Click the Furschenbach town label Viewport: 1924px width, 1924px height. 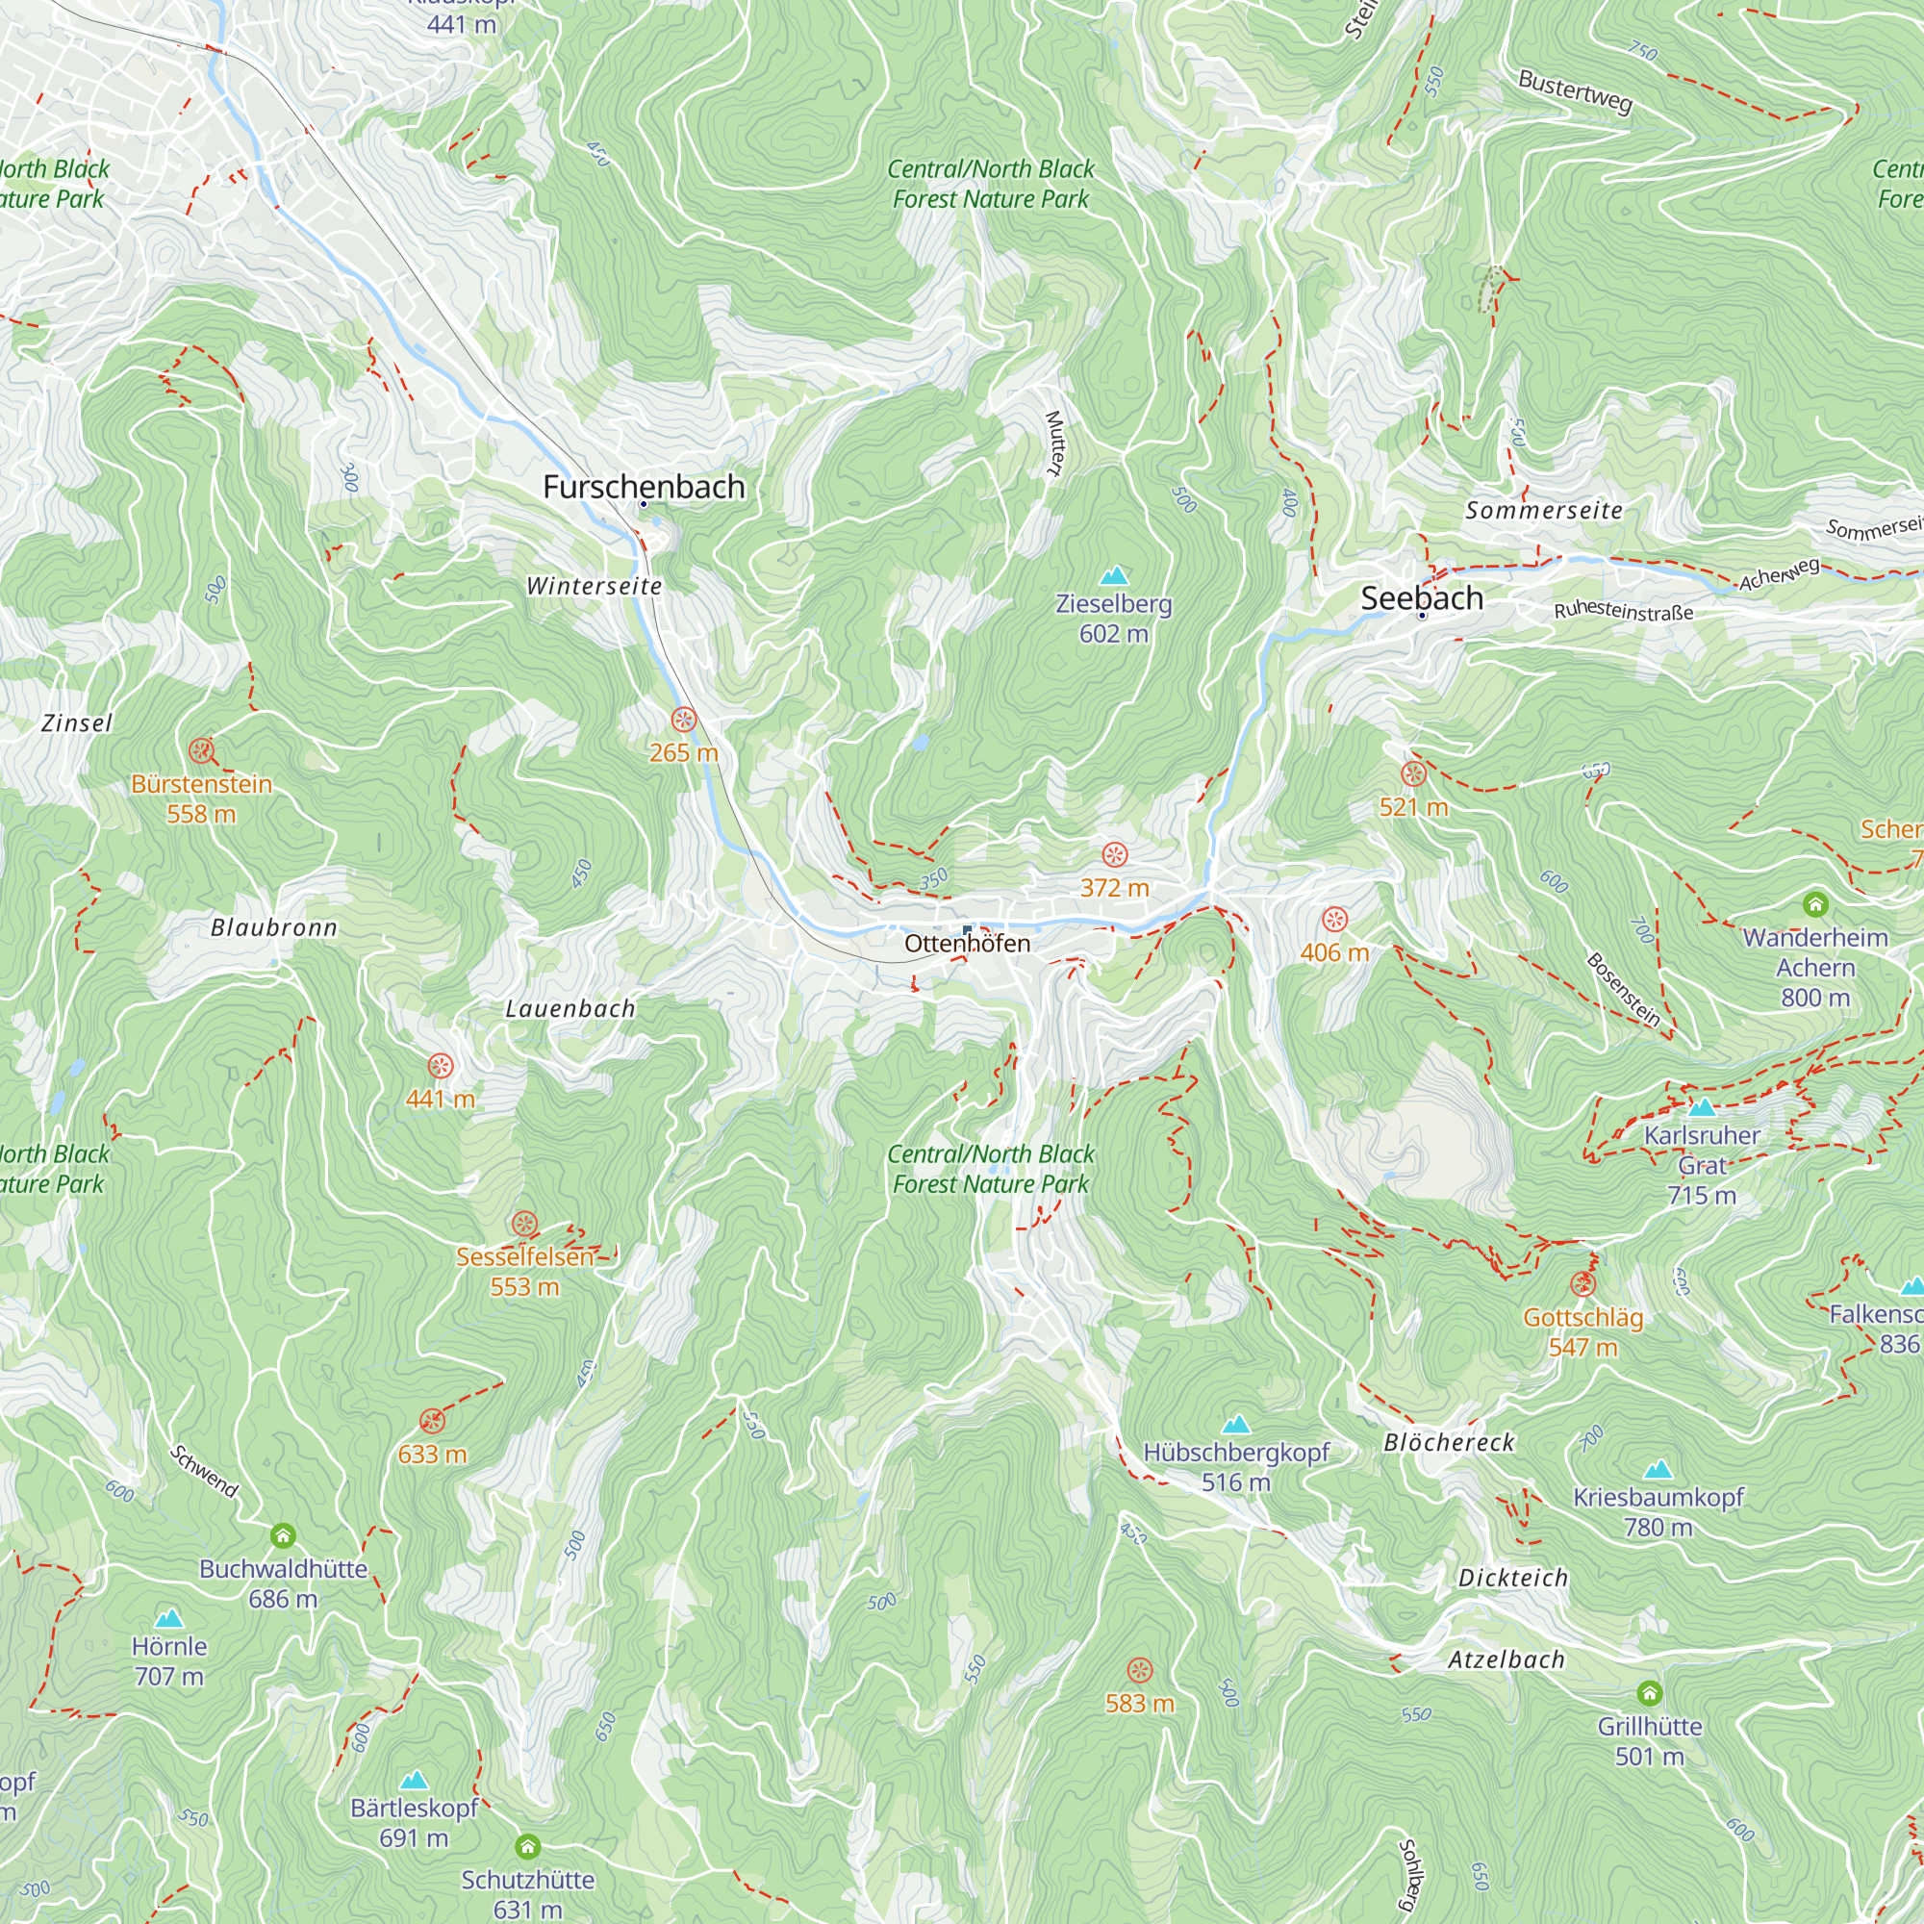pyautogui.click(x=644, y=486)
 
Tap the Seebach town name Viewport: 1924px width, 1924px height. pyautogui.click(x=1421, y=597)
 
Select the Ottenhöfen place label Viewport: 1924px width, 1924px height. pyautogui.click(x=967, y=943)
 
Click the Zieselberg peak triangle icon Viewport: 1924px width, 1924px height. pyautogui.click(x=1114, y=575)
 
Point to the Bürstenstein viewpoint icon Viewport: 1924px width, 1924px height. pyautogui.click(x=201, y=750)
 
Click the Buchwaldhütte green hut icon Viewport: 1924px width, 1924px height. pyautogui.click(x=283, y=1534)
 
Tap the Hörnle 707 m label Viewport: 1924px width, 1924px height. pyautogui.click(x=168, y=1661)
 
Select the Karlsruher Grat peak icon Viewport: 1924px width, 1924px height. pyautogui.click(x=1702, y=1107)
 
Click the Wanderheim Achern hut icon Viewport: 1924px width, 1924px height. pyautogui.click(x=1815, y=904)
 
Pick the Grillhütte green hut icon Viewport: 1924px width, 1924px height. pyautogui.click(x=1649, y=1693)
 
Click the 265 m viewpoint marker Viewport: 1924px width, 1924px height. pyautogui.click(x=683, y=719)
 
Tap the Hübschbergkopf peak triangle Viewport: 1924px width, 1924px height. pyautogui.click(x=1236, y=1425)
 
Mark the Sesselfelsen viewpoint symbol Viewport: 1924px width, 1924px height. pyautogui.click(x=524, y=1224)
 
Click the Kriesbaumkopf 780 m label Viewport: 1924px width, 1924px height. pyautogui.click(x=1658, y=1511)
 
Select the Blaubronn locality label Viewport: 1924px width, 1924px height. pyautogui.click(x=274, y=928)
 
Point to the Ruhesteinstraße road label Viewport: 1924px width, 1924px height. pyautogui.click(x=1623, y=612)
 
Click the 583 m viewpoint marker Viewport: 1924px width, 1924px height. pyautogui.click(x=1139, y=1670)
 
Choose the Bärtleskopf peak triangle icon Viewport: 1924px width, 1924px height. pyautogui.click(x=414, y=1780)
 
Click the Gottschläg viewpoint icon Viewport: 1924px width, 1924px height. pyautogui.click(x=1582, y=1283)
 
